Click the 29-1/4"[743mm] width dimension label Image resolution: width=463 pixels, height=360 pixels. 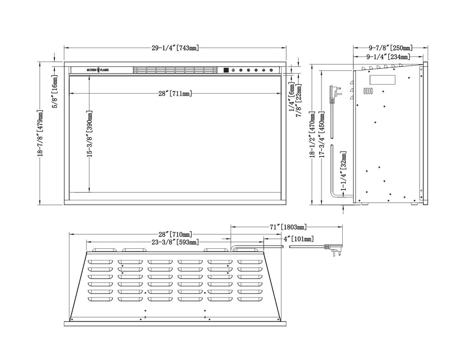(x=175, y=47)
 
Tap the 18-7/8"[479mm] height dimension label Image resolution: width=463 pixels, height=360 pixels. (x=40, y=133)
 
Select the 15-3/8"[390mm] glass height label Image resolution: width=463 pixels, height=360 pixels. (x=90, y=133)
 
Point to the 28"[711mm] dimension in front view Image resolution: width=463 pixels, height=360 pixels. (x=175, y=94)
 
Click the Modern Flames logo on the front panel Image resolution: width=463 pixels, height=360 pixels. (x=98, y=70)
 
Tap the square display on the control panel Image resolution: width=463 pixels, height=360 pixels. (x=226, y=70)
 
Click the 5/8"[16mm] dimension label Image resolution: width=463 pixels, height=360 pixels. (x=55, y=91)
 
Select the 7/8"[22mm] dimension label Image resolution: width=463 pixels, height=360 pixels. (x=299, y=100)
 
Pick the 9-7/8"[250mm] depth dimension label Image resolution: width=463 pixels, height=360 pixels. (x=390, y=47)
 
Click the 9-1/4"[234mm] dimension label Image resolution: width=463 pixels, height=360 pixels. (x=388, y=57)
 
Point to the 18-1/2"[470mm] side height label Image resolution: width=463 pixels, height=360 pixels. (x=312, y=134)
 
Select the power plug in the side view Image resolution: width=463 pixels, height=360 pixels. (x=335, y=93)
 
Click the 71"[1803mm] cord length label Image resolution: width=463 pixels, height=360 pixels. (x=288, y=227)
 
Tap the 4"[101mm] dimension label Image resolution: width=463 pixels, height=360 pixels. (x=298, y=239)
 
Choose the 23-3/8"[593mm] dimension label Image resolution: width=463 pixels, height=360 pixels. (x=175, y=242)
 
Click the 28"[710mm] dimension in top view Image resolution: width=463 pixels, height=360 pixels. (x=175, y=234)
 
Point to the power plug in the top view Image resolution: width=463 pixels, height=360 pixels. (x=334, y=249)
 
